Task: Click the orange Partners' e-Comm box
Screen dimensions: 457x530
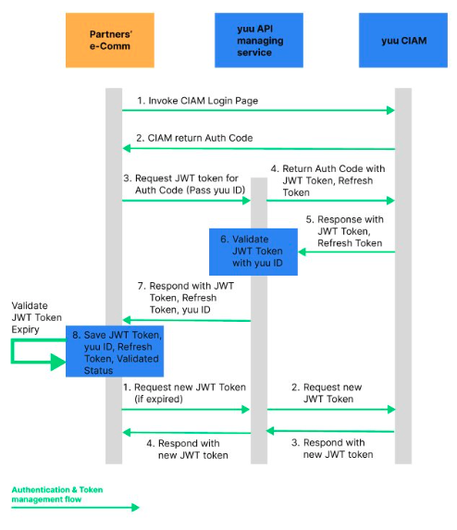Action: pos(110,40)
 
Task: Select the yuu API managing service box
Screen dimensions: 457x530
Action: pos(259,40)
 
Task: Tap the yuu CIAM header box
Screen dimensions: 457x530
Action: pos(403,40)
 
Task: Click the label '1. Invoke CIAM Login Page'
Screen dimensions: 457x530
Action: pos(197,101)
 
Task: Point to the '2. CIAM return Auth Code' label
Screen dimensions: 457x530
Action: pos(194,138)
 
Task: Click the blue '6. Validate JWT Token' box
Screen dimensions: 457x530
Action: pos(253,252)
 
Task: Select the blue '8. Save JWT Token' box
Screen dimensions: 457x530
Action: pos(115,351)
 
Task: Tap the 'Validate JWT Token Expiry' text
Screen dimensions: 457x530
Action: pos(36,317)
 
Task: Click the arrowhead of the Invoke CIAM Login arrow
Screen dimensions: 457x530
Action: pos(390,110)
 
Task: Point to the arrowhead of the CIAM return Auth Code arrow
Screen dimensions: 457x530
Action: pos(127,148)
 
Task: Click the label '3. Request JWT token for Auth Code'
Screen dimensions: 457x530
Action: pos(184,184)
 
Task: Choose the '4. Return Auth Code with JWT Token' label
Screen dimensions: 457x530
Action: pos(327,180)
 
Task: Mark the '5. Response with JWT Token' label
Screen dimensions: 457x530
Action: pos(345,231)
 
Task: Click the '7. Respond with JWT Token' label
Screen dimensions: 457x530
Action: pos(186,298)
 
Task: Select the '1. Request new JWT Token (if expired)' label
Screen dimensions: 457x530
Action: pos(184,393)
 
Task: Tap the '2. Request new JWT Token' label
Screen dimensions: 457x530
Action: pos(327,393)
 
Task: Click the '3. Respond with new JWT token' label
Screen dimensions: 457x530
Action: pos(332,449)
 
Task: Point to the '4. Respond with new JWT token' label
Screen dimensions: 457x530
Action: pos(187,450)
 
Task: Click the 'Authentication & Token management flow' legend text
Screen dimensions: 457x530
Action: pos(57,495)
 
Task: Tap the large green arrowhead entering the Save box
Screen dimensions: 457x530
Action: pos(57,362)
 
